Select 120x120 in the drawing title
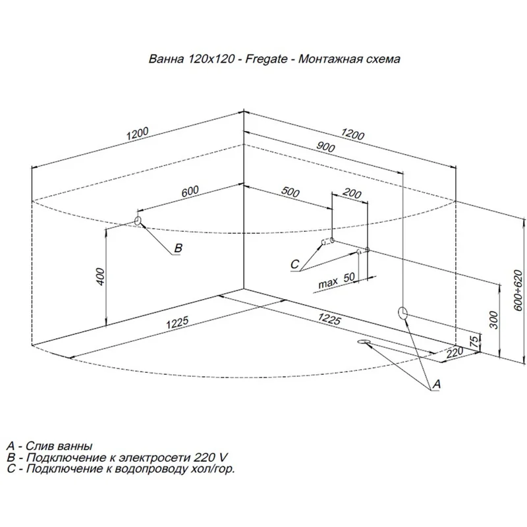coord(211,59)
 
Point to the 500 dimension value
coord(290,192)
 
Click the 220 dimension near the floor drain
coord(454,353)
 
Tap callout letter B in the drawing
coord(177,248)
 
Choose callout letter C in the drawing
coord(294,264)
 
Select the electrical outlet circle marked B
coord(138,220)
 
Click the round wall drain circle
coord(404,312)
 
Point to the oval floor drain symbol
coord(364,342)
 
